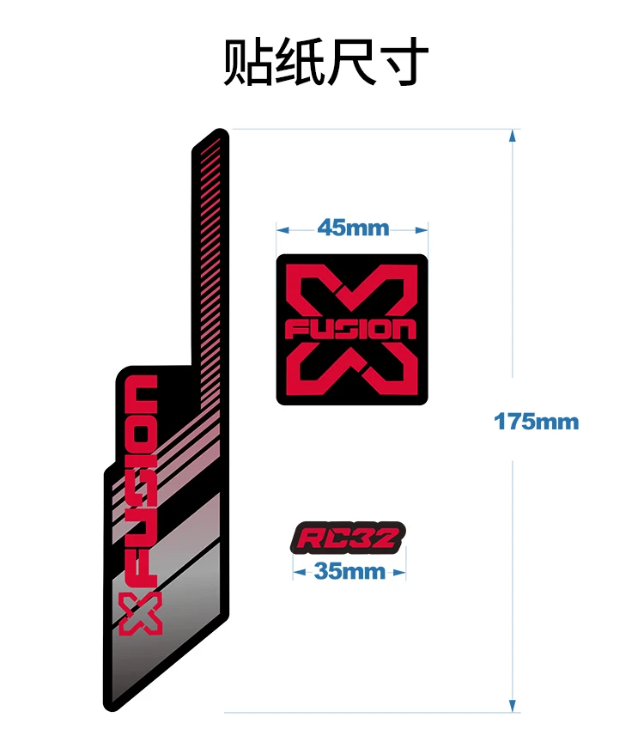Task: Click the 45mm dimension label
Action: tap(353, 228)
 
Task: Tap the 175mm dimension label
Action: tap(537, 422)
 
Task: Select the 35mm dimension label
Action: tap(350, 571)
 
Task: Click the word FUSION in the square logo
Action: tap(352, 330)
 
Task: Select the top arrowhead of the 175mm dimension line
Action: tap(513, 135)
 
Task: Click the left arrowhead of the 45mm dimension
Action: tap(280, 229)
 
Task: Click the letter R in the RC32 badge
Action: tap(309, 539)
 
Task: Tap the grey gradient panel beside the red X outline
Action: tap(193, 635)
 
